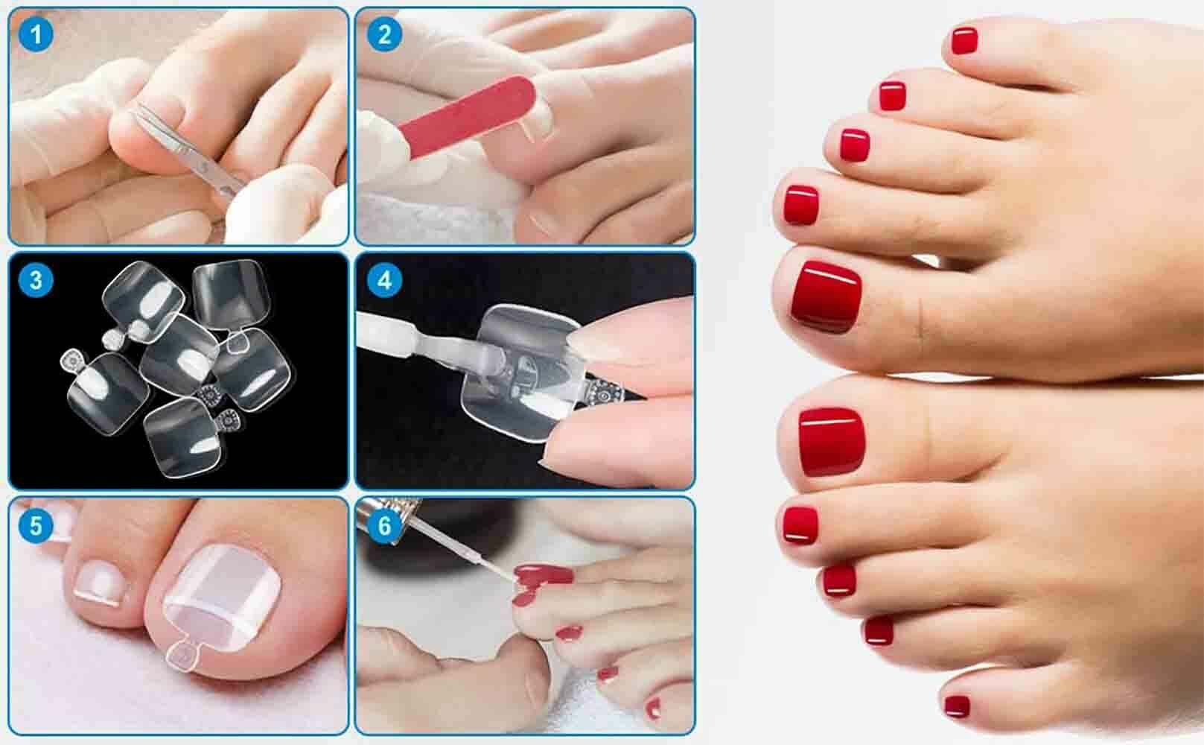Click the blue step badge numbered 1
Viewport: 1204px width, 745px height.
coord(36,35)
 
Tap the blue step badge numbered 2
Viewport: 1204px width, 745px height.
coord(385,35)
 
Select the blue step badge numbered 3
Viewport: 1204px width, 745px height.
coord(36,280)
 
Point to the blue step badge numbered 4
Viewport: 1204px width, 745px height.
coord(385,280)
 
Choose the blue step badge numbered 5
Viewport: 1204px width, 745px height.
coord(36,525)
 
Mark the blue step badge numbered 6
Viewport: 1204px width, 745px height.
coord(385,525)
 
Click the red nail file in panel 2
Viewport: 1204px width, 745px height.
coord(467,116)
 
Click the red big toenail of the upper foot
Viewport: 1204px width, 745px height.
coord(826,297)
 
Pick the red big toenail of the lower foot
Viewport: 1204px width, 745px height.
coord(832,442)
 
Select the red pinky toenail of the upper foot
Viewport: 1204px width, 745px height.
coord(964,41)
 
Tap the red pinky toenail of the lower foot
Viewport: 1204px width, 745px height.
coord(958,706)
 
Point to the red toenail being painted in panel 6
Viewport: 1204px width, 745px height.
coord(543,575)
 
